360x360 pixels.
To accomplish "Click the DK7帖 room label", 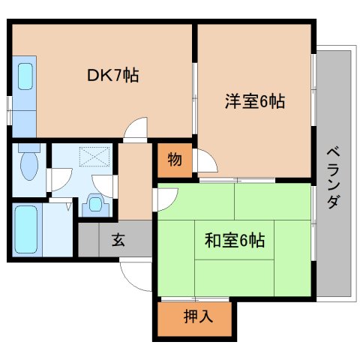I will click(113, 75).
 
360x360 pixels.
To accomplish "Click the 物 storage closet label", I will click(174, 159).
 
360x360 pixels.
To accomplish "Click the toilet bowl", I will click(29, 164).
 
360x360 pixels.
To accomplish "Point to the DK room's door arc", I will click(135, 131).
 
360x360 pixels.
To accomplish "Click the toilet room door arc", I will click(60, 181).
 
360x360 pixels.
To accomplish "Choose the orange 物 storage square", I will click(174, 159).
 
